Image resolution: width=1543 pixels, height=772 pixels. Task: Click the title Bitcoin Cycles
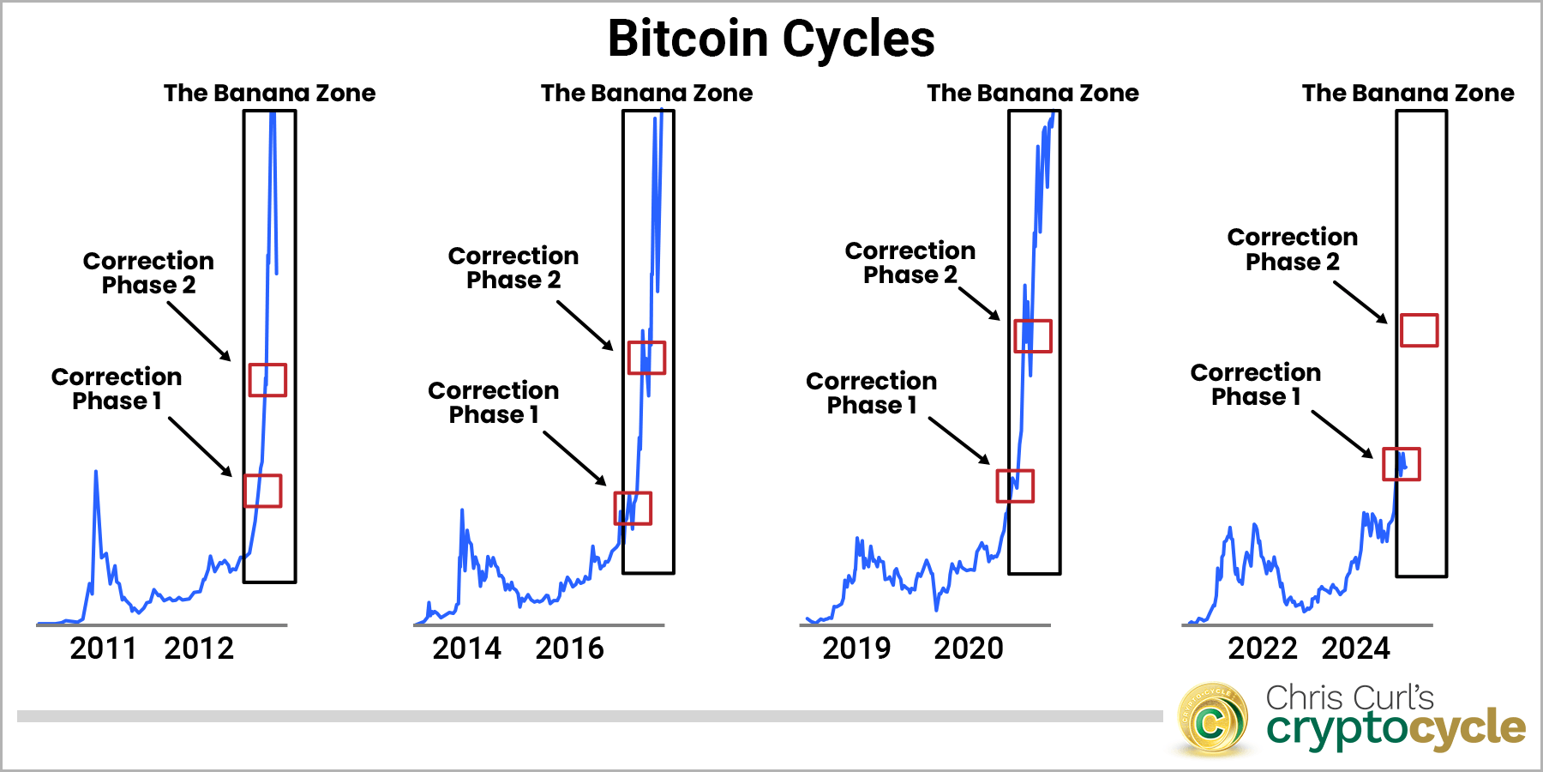(x=771, y=39)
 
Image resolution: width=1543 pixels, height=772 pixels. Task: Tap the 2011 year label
(x=103, y=648)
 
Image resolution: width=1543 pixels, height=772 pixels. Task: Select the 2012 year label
(x=199, y=648)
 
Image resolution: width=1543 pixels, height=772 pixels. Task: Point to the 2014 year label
(x=466, y=648)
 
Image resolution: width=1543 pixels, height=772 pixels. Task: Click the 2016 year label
(x=569, y=648)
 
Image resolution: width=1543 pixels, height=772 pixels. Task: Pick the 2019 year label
(x=856, y=648)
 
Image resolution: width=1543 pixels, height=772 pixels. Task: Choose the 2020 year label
(x=968, y=648)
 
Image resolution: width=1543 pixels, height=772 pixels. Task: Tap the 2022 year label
(x=1262, y=648)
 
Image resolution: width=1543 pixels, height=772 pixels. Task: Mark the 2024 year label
(x=1355, y=648)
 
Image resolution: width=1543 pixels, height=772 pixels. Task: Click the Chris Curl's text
(x=1349, y=697)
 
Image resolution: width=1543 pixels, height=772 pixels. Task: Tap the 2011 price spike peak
(x=95, y=472)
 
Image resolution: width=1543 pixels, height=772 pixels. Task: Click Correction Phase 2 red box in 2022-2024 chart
(x=1419, y=330)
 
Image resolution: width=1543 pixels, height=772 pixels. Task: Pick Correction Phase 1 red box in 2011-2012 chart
(x=263, y=491)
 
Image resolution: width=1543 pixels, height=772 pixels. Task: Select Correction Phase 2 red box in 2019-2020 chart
(x=1032, y=335)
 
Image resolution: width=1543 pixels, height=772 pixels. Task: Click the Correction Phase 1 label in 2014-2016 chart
(x=493, y=402)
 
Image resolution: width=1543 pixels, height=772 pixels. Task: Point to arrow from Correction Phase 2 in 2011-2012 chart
(x=199, y=331)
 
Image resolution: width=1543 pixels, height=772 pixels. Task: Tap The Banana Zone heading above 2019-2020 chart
(x=1032, y=93)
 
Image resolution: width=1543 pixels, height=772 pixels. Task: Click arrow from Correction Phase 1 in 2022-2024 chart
(x=1342, y=434)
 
